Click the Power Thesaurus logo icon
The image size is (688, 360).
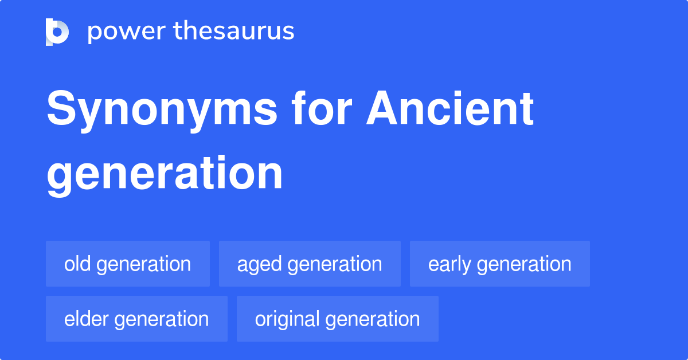pos(57,32)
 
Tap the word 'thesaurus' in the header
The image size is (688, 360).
pos(234,32)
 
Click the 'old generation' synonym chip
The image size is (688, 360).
pos(128,264)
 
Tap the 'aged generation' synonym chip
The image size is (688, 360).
pos(310,264)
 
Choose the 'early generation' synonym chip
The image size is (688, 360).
pos(499,264)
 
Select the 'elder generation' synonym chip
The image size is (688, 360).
pos(136,319)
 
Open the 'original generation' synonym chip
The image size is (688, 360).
pos(337,319)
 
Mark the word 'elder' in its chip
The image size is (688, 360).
pos(87,319)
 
